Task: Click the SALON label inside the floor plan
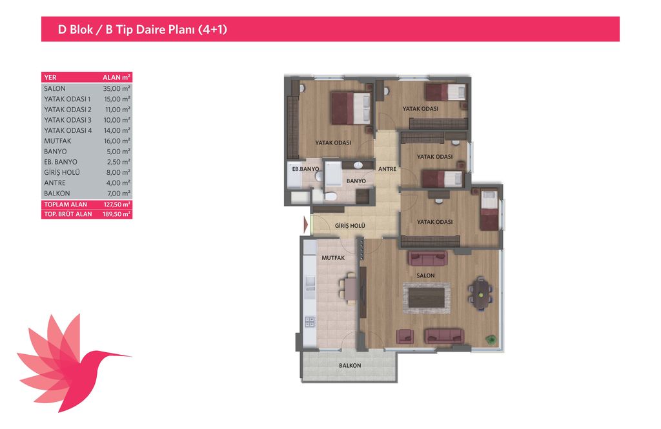click(x=425, y=275)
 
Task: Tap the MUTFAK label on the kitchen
click(x=333, y=258)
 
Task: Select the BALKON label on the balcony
click(x=350, y=366)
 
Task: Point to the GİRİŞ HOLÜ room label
click(x=350, y=226)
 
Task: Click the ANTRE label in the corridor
click(x=387, y=169)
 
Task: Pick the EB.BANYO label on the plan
click(x=305, y=169)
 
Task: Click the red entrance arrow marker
click(x=305, y=225)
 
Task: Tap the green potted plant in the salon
click(x=491, y=339)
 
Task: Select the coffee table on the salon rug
click(x=426, y=297)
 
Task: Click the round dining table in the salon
click(x=480, y=293)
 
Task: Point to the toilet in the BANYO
click(x=330, y=196)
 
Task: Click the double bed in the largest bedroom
click(x=351, y=108)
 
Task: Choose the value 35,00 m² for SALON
click(x=117, y=88)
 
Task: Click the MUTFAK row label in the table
click(x=57, y=141)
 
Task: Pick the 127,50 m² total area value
click(x=117, y=205)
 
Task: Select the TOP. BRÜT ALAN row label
click(x=68, y=214)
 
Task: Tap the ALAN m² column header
click(x=116, y=77)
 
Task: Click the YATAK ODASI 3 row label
click(x=67, y=120)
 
